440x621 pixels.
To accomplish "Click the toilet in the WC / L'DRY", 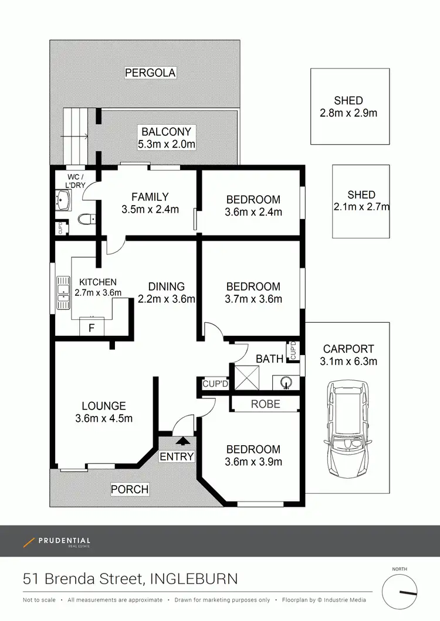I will pyautogui.click(x=86, y=219).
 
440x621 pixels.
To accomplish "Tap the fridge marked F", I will pyautogui.click(x=91, y=327).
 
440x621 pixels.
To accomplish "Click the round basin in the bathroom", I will pyautogui.click(x=286, y=382).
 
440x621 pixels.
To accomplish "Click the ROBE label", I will pyautogui.click(x=265, y=404).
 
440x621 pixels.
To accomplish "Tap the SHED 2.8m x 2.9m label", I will pyautogui.click(x=348, y=107).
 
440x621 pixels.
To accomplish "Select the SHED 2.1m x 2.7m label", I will pyautogui.click(x=361, y=201).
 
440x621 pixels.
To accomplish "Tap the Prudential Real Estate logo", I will pyautogui.click(x=57, y=542).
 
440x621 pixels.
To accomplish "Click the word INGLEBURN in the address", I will pyautogui.click(x=194, y=579).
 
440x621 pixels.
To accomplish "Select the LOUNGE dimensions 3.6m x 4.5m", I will pyautogui.click(x=104, y=418).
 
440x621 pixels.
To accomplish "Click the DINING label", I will pyautogui.click(x=167, y=286).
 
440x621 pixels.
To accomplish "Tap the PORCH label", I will pyautogui.click(x=130, y=489).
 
